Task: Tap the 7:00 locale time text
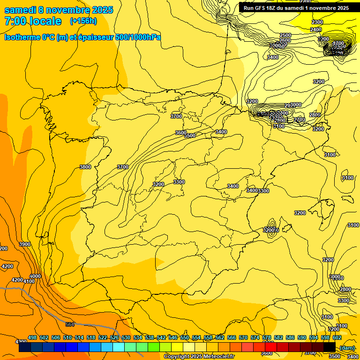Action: (x=33, y=21)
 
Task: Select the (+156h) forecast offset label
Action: (x=83, y=21)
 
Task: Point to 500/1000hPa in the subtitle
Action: (x=138, y=37)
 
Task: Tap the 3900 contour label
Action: (x=25, y=244)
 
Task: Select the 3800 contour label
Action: (x=85, y=167)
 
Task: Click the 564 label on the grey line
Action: (x=70, y=324)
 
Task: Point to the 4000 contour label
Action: (x=35, y=276)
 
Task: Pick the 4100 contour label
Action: (x=29, y=281)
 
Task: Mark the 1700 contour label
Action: (x=338, y=43)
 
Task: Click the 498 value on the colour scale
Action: (x=32, y=337)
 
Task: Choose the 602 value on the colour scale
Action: (x=337, y=337)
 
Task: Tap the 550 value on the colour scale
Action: (x=185, y=337)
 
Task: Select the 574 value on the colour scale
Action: (x=255, y=337)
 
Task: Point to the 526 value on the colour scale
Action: (x=114, y=337)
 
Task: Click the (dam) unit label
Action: (x=347, y=347)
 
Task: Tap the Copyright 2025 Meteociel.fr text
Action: (x=199, y=357)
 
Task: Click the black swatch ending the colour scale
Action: (x=329, y=347)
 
